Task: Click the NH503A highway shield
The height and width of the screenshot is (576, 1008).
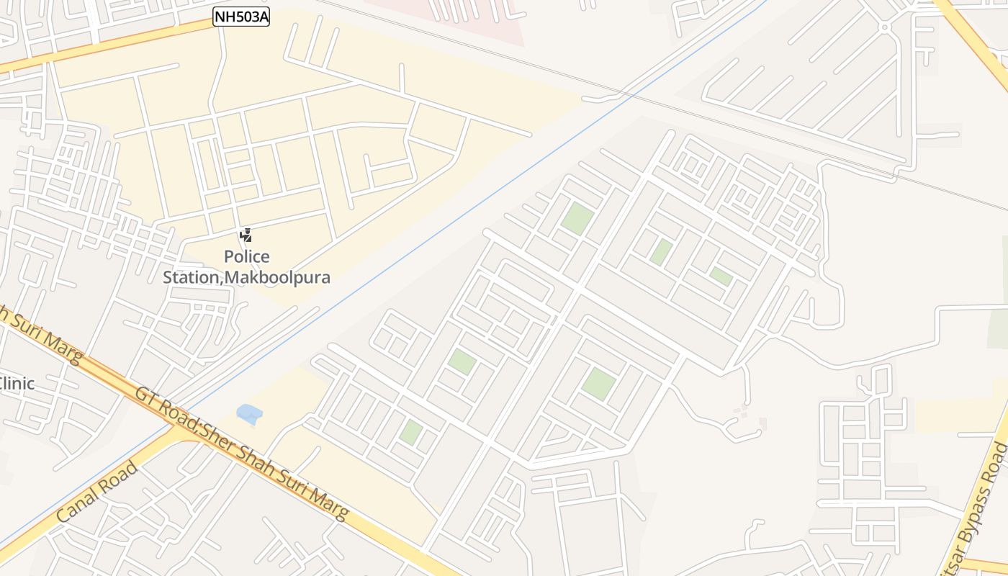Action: point(241,17)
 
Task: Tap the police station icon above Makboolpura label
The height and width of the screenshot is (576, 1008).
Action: point(246,235)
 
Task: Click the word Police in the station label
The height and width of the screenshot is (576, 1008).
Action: point(246,257)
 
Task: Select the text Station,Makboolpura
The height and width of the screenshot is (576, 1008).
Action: point(246,277)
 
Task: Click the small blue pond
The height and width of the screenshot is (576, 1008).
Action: point(249,413)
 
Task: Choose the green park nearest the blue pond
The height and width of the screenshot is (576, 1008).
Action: point(411,432)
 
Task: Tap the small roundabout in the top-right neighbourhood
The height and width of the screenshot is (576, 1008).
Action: point(885,27)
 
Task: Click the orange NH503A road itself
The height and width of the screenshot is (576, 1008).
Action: point(108,44)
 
